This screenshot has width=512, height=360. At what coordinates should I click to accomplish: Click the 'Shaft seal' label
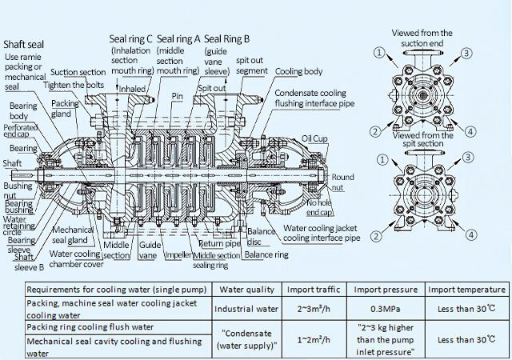point(23,45)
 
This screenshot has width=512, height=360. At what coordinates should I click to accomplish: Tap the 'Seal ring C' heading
point(130,39)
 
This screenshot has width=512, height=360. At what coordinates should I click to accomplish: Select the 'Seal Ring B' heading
point(226,39)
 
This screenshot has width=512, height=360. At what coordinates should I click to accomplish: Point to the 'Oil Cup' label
point(314,139)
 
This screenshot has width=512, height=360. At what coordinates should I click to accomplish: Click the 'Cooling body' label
point(298,71)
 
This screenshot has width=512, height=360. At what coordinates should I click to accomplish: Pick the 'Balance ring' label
point(266,254)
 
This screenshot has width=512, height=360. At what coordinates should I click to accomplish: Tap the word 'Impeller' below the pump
point(178,255)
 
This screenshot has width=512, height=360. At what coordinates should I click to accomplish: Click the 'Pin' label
point(178,96)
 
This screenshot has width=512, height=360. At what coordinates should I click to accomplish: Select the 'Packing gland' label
point(66,109)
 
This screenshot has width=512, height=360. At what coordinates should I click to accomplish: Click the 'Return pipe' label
point(219,244)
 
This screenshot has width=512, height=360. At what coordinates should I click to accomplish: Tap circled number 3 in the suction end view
point(466,53)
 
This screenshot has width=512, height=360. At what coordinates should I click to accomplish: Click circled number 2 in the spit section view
point(376,236)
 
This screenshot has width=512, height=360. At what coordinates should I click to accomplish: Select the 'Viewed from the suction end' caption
point(422,38)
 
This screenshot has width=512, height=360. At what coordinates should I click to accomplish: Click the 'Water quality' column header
point(246,290)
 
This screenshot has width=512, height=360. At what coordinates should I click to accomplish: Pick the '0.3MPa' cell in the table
point(386,309)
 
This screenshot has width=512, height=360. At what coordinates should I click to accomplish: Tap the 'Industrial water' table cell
point(246,309)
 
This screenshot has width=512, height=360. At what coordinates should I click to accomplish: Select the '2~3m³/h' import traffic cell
point(314,309)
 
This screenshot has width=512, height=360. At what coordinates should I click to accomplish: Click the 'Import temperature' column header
point(466,290)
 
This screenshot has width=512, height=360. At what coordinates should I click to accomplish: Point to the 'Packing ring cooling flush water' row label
point(90,327)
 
